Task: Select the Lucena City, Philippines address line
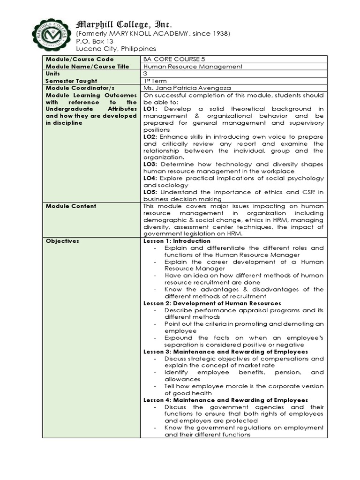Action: [x=116, y=49]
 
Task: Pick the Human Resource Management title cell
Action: [x=193, y=67]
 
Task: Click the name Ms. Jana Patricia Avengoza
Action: [x=187, y=88]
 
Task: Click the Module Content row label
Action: [x=71, y=206]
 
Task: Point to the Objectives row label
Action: [x=62, y=241]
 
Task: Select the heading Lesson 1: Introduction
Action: [x=177, y=241]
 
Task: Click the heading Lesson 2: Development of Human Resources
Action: [x=212, y=303]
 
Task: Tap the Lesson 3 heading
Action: [x=225, y=352]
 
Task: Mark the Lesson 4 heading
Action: [x=225, y=400]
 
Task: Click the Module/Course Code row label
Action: [x=79, y=59]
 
